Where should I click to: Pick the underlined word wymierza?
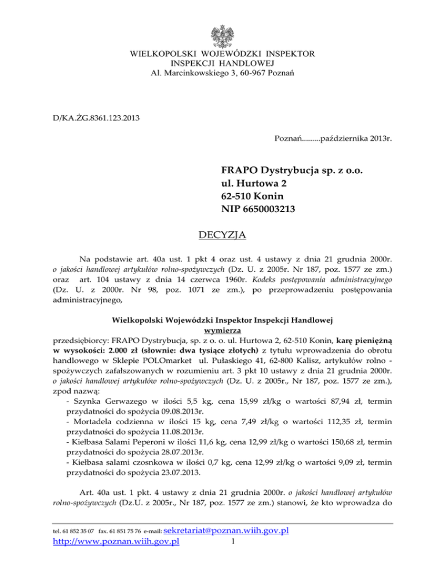[222, 330]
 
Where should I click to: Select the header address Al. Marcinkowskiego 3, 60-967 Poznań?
[222, 74]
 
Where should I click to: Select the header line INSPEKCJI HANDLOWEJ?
[222, 64]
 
